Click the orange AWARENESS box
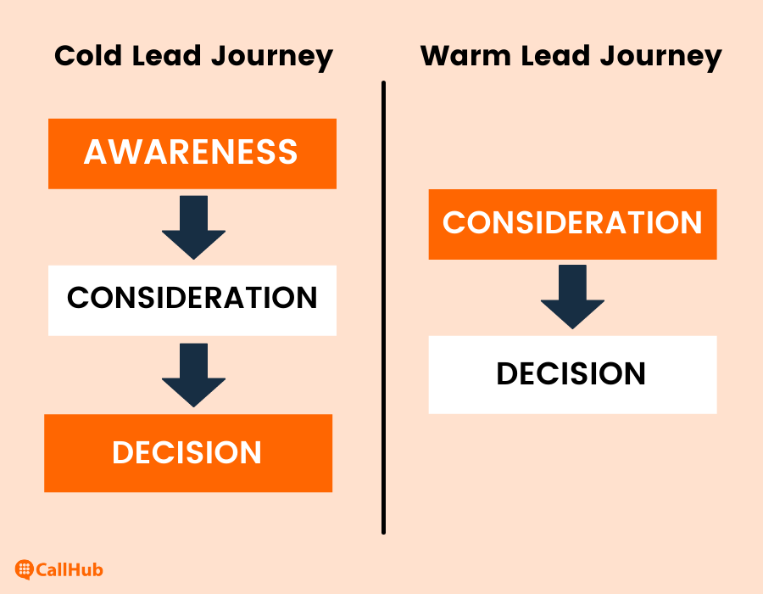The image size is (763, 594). tap(192, 154)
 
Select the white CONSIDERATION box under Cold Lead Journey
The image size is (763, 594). tap(192, 300)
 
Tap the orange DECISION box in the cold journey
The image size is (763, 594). tap(188, 453)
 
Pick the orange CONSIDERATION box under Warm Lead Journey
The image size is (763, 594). tap(573, 225)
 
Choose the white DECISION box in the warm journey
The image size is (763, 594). tap(573, 375)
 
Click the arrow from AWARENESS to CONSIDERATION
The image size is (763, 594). tap(193, 227)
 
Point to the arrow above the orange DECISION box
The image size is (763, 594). tap(193, 375)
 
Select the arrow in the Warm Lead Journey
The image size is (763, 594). tap(573, 297)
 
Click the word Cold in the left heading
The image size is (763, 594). tap(87, 55)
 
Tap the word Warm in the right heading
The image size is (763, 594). tap(465, 55)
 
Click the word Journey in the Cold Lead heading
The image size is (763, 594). tap(272, 58)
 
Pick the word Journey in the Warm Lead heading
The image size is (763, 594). tap(661, 58)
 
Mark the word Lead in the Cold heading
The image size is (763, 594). tap(166, 55)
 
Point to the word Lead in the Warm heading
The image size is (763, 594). tap(555, 55)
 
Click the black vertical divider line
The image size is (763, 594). tap(383, 308)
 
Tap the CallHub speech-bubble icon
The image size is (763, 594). tap(24, 569)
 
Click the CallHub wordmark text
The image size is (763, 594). tap(70, 569)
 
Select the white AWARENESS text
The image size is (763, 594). tap(191, 152)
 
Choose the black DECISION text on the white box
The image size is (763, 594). tap(571, 374)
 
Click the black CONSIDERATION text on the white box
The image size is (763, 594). tap(192, 298)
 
